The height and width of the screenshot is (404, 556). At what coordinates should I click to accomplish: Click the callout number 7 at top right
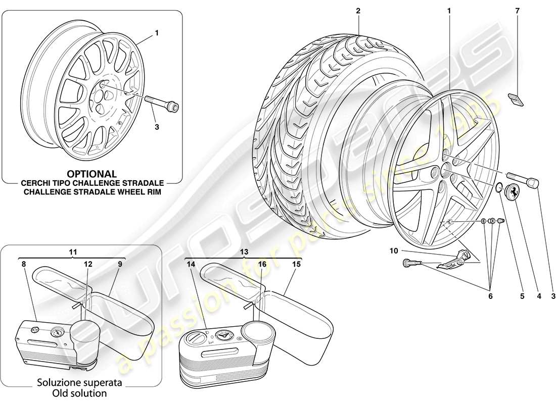click(x=518, y=10)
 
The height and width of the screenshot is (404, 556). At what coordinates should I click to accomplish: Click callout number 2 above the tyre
click(x=358, y=10)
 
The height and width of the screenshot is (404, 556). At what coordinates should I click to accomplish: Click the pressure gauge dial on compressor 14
click(x=222, y=334)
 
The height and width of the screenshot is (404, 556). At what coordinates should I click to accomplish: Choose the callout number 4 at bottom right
click(x=539, y=297)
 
